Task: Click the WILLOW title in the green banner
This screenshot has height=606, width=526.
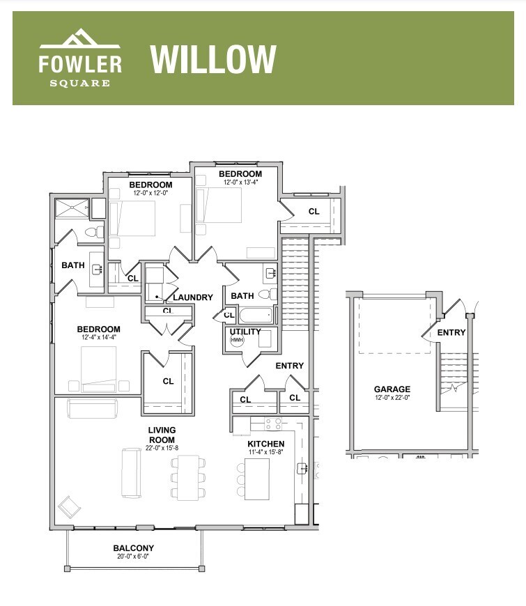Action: point(213,60)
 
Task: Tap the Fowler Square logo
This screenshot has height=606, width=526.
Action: point(80,59)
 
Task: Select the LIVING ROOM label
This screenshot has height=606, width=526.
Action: point(162,430)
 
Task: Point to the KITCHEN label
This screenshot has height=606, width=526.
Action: point(266,444)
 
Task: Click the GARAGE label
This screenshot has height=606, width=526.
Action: point(392,389)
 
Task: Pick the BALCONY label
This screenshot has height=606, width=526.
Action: point(134,548)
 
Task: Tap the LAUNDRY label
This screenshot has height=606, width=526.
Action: point(193,297)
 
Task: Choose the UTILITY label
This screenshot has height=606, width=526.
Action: point(245,332)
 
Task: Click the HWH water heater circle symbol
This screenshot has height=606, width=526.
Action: point(237,341)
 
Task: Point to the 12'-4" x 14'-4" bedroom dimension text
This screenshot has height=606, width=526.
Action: point(99,338)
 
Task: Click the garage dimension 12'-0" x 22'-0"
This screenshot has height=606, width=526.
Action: point(392,398)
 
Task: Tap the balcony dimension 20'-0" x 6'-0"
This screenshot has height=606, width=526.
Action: point(134,557)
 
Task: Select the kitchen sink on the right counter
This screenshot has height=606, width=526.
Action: point(302,468)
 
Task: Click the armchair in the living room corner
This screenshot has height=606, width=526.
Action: point(68,505)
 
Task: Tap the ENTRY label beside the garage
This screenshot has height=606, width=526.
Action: point(451,332)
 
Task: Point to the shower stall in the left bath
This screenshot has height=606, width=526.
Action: point(74,207)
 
